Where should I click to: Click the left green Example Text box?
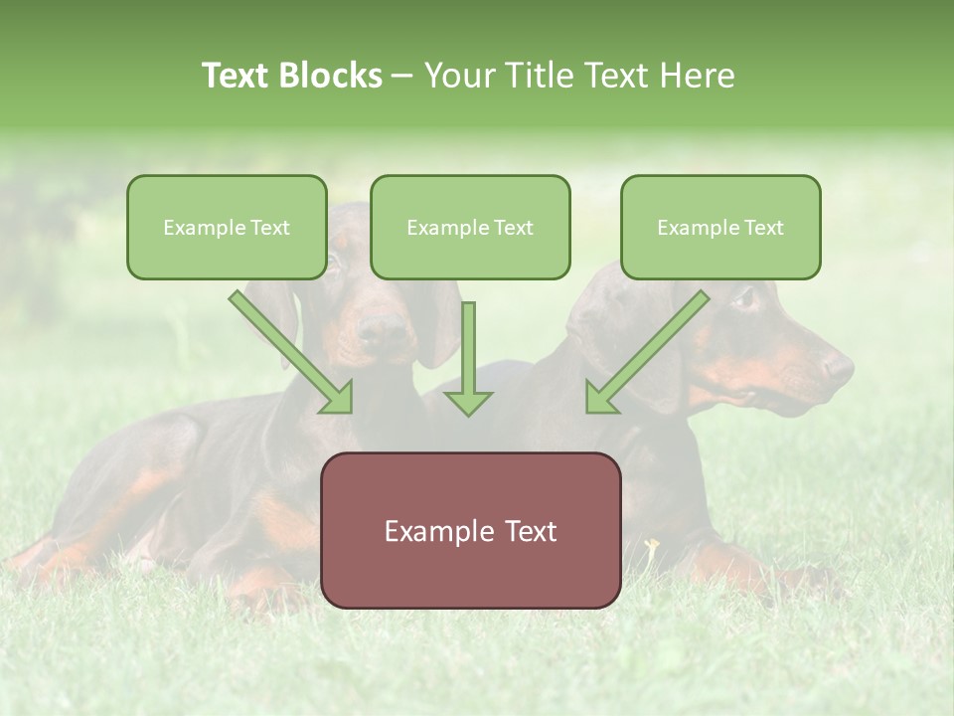coord(227,227)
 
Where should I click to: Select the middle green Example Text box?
coord(470,227)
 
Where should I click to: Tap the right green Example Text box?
coord(720,227)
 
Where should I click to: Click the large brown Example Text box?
coord(470,530)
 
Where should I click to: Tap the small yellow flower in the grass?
coord(652,545)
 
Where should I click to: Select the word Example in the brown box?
coord(429,531)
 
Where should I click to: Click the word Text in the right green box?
coord(763,228)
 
